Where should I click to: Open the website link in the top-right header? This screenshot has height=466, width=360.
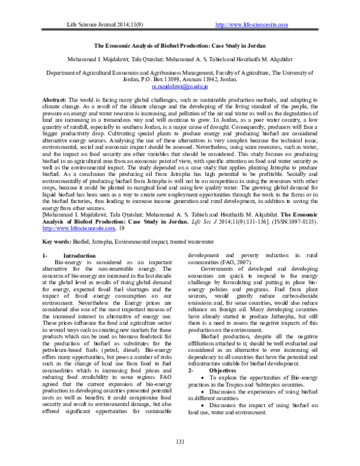tap(251, 24)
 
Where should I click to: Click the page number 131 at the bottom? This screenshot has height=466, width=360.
tap(179, 442)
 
